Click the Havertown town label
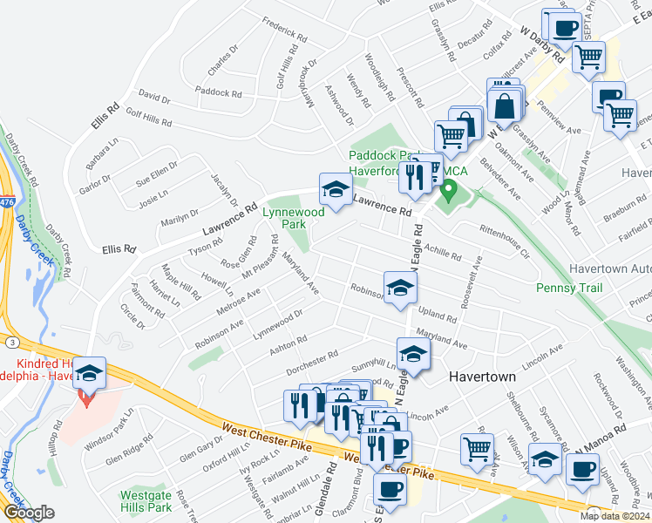pyautogui.click(x=483, y=377)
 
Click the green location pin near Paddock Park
pyautogui.click(x=449, y=189)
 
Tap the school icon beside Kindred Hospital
pyautogui.click(x=88, y=374)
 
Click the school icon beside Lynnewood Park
pyautogui.click(x=336, y=189)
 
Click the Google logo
pyautogui.click(x=29, y=513)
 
